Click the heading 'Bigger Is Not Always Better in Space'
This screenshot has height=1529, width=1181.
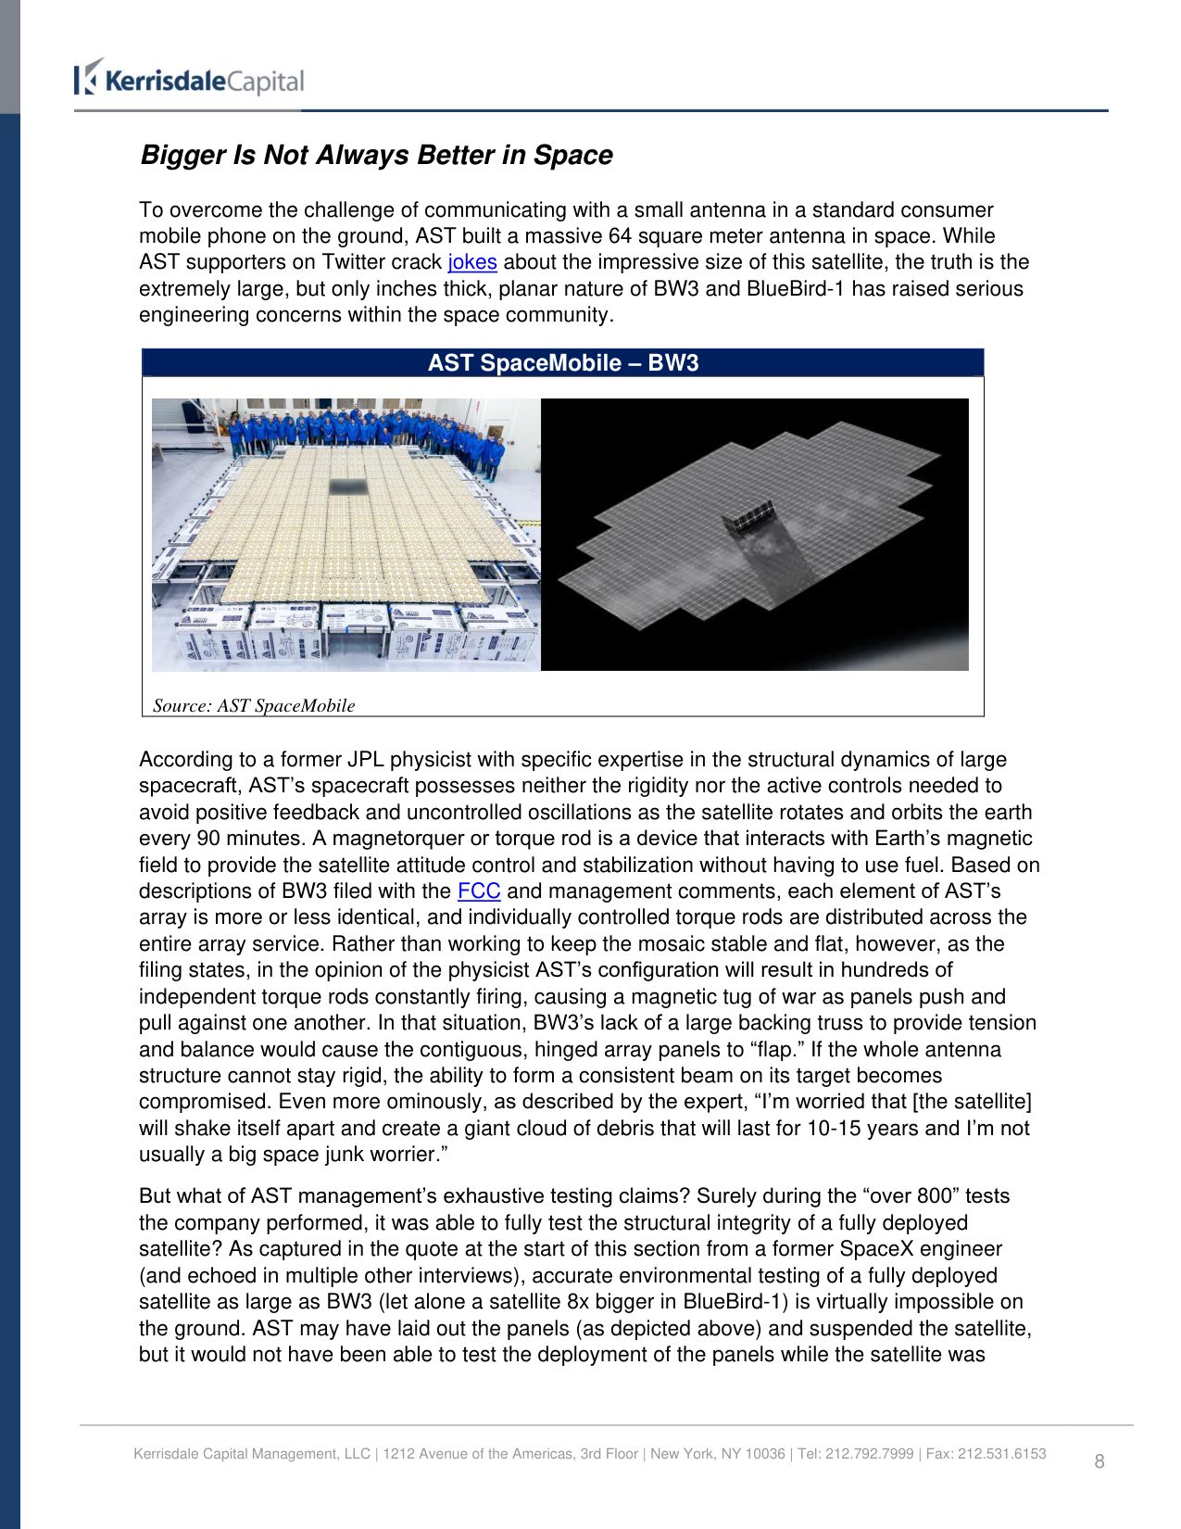click(376, 155)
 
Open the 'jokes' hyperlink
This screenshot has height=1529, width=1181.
click(471, 262)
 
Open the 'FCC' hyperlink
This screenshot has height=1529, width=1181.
click(479, 891)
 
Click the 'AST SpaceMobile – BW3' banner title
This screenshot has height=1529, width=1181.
click(562, 363)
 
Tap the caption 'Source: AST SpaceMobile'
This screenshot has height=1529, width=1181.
click(254, 706)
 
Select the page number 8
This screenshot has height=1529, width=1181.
click(1099, 1461)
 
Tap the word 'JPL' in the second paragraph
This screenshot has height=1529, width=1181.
click(365, 760)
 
